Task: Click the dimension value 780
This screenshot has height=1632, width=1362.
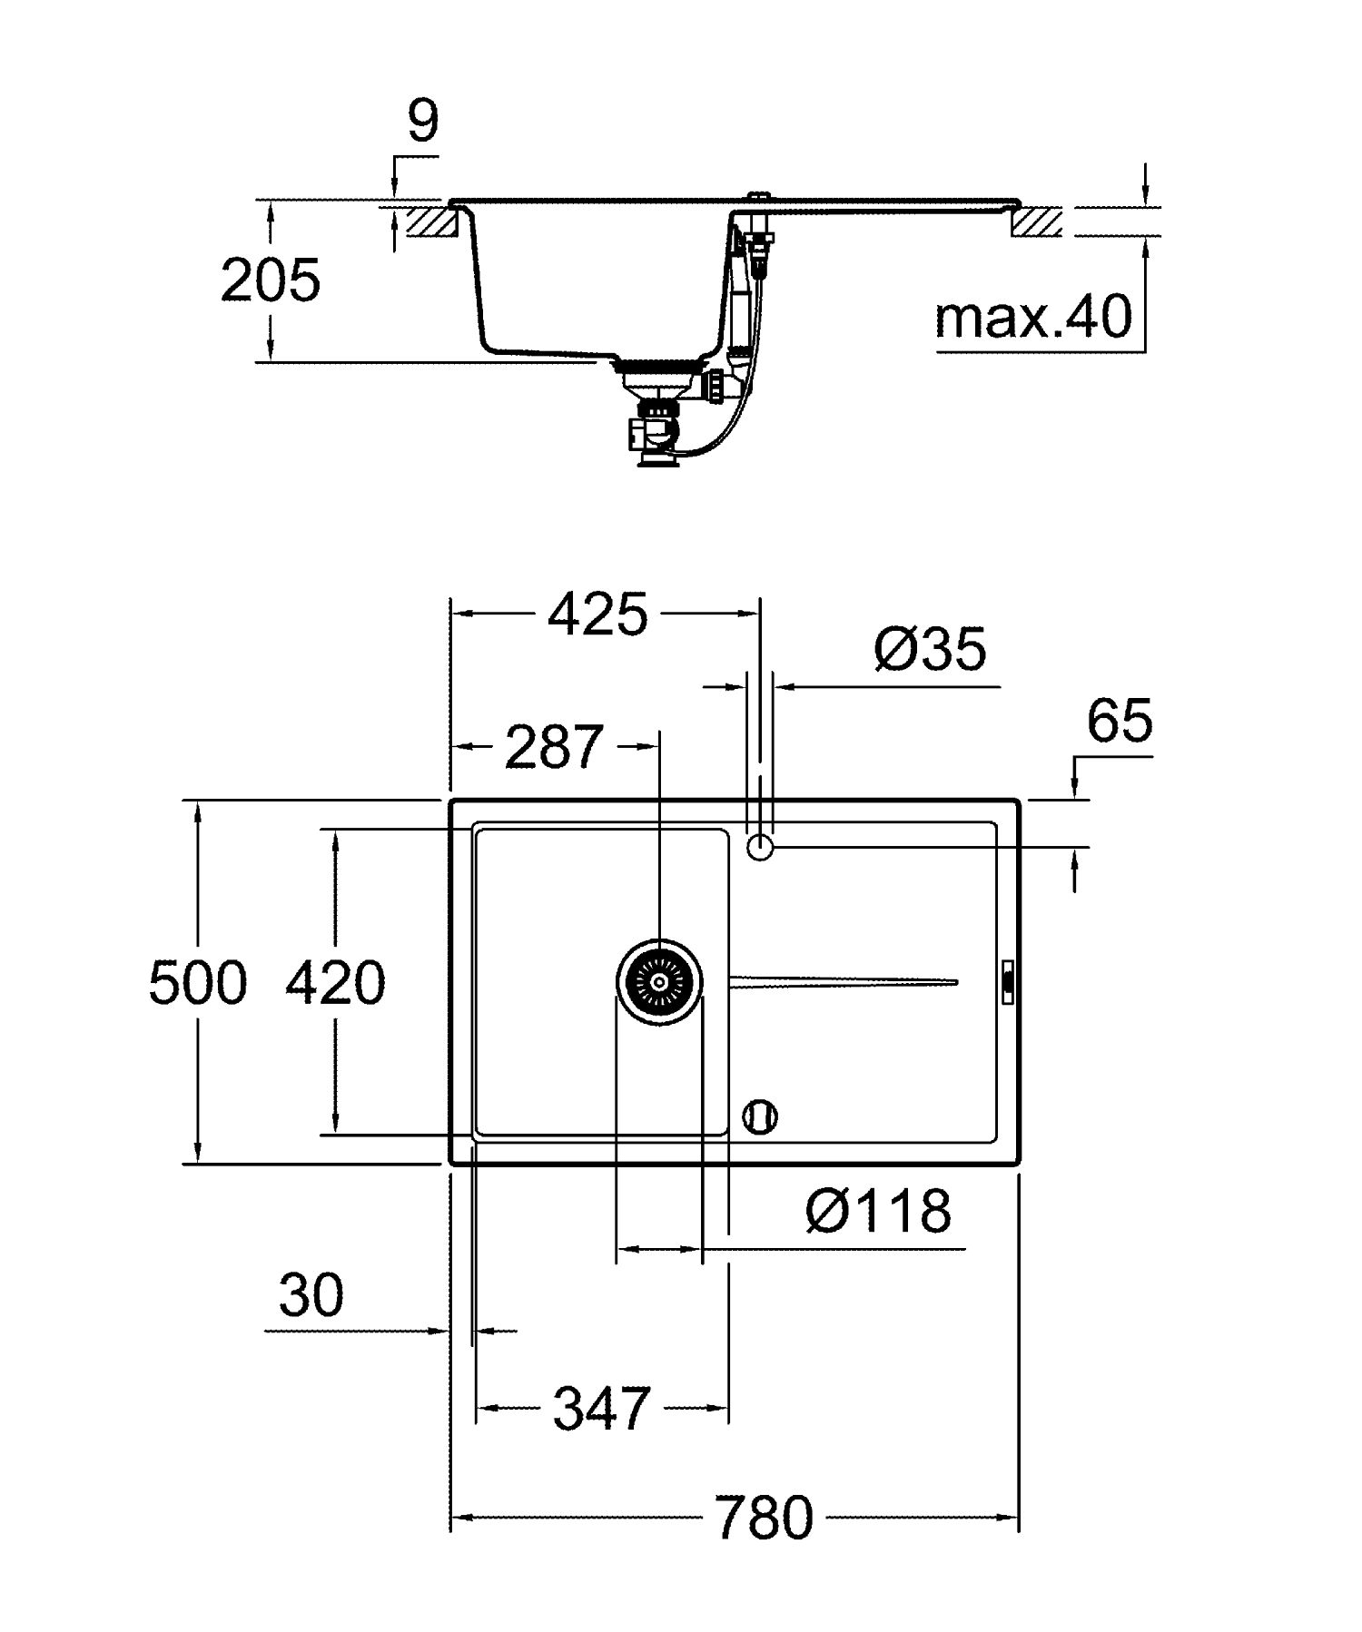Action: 764,1519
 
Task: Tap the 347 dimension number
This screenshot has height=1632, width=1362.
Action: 602,1410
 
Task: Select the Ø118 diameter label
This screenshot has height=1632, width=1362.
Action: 878,1211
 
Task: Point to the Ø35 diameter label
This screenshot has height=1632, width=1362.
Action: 930,650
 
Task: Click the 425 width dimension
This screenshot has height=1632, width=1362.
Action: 597,615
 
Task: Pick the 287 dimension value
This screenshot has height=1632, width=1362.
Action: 554,747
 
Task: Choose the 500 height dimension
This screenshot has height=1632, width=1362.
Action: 197,983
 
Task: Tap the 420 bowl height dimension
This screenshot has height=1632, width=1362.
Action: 335,983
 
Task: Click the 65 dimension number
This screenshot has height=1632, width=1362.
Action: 1119,722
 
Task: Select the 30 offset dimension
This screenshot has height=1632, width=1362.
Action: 311,1295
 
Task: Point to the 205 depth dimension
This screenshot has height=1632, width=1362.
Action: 270,280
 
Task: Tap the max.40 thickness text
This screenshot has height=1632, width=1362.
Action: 1033,317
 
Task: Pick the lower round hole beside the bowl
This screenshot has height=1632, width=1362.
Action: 760,1116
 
